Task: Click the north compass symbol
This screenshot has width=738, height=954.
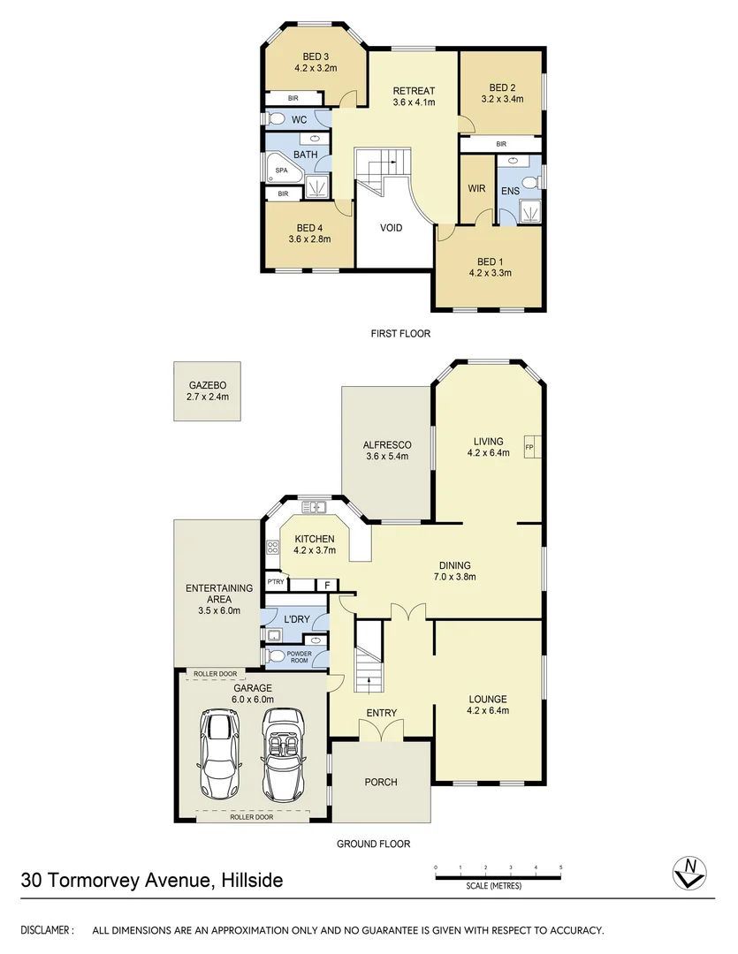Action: coord(688,873)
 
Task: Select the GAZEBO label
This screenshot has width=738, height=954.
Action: coord(208,386)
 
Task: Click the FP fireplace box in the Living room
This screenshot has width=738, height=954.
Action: coord(530,447)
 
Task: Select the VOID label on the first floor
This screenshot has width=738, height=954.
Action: coord(391,228)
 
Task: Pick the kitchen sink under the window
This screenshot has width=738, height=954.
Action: coord(313,507)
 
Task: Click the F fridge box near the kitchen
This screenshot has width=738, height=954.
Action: coord(327,585)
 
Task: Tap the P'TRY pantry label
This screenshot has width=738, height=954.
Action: coord(276,581)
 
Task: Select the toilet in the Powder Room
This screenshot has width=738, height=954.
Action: coord(276,656)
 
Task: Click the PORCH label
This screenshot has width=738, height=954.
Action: coord(381,782)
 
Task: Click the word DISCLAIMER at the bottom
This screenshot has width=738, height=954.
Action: coord(46,930)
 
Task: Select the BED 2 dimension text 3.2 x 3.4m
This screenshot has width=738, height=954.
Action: coord(501,100)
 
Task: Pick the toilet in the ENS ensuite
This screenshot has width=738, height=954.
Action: coord(530,182)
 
